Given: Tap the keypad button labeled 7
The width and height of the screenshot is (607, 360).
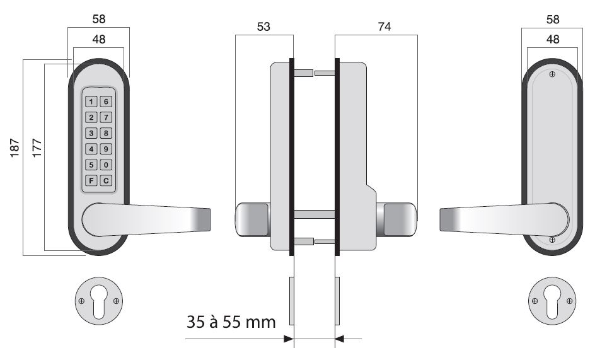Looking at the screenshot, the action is pyautogui.click(x=106, y=117).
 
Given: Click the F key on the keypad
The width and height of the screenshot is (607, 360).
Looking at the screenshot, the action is pyautogui.click(x=91, y=180).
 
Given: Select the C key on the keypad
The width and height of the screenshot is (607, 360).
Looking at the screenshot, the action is pyautogui.click(x=106, y=180).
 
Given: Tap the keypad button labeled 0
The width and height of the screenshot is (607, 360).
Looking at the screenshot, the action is pyautogui.click(x=106, y=165).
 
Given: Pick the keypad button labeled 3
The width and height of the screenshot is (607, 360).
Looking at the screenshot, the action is pyautogui.click(x=91, y=133).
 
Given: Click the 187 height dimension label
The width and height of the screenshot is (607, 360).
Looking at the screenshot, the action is pyautogui.click(x=14, y=148).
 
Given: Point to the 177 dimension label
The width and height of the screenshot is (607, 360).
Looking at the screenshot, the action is pyautogui.click(x=37, y=148).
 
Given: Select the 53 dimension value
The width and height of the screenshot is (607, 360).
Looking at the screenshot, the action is pyautogui.click(x=263, y=26).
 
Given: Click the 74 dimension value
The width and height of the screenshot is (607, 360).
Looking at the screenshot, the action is pyautogui.click(x=384, y=26).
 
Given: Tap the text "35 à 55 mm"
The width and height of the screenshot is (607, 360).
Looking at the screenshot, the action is pyautogui.click(x=231, y=322).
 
